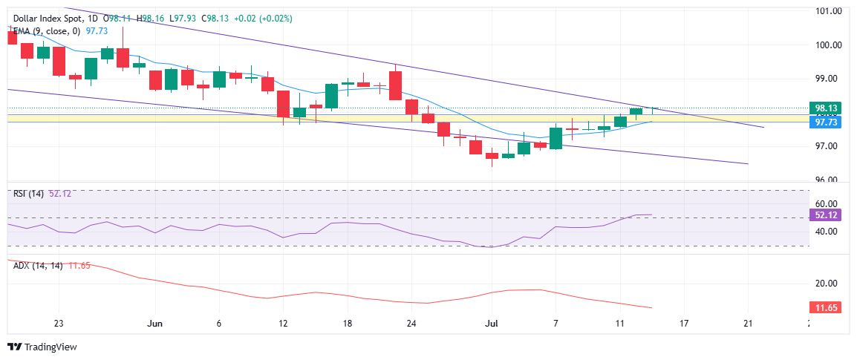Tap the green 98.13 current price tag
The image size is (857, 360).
coord(827,108)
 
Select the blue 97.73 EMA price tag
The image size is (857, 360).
coord(827,122)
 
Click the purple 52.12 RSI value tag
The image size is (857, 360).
coord(827,215)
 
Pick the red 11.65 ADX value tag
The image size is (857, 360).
coord(827,307)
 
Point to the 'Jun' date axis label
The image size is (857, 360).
coord(154,324)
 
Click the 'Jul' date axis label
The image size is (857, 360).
coord(491,324)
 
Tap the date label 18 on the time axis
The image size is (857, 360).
coord(347,324)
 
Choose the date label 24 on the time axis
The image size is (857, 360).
coord(411,324)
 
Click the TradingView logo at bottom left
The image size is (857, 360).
coord(42,347)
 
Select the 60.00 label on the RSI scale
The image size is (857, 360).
coord(827,203)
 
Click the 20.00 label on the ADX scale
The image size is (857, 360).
coord(827,284)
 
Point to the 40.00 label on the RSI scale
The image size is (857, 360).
coord(827,232)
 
